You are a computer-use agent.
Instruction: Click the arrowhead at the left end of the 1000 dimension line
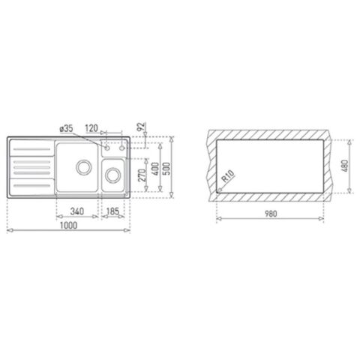tap(9, 230)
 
